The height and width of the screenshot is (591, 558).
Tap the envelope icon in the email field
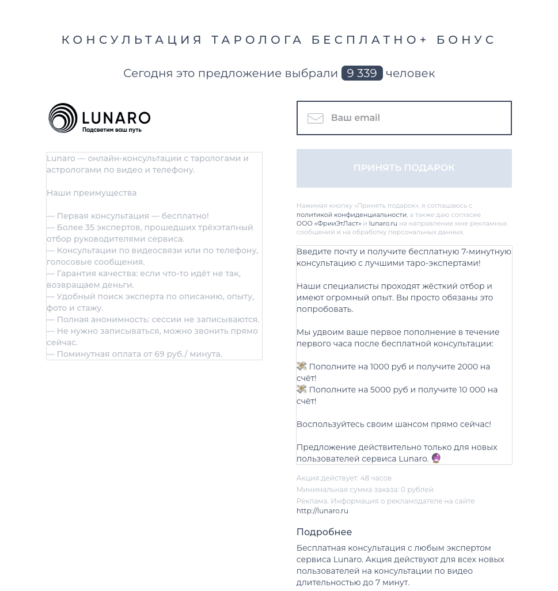pos(315,118)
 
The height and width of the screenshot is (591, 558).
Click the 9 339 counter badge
pos(362,73)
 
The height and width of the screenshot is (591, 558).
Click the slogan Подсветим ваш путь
pos(112,130)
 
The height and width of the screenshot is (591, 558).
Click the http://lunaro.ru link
pos(322,511)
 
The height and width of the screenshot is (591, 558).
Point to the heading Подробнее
pos(324,532)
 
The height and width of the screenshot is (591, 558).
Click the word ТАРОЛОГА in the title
pos(257,40)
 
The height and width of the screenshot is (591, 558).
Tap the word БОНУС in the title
pos(466,40)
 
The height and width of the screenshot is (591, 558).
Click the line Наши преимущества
pos(92,193)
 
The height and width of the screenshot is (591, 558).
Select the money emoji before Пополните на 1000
pos(302,366)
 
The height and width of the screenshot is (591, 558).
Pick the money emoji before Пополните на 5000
pos(302,389)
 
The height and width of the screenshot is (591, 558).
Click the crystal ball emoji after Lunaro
pos(436,458)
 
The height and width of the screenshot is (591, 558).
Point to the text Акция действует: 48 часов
pos(344,478)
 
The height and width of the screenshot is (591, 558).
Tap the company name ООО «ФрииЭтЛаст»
pos(329,223)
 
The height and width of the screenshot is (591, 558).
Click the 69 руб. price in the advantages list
pos(168,354)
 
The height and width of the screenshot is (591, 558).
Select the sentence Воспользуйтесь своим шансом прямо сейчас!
pos(394,424)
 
